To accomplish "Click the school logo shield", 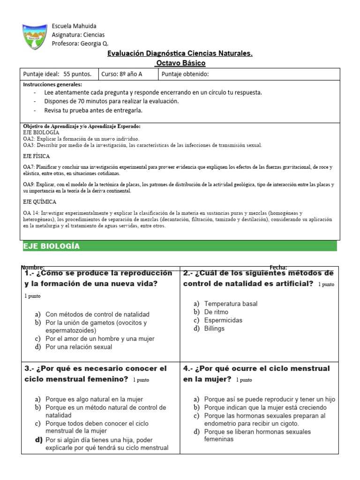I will (35, 37).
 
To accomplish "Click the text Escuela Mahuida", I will (74, 26).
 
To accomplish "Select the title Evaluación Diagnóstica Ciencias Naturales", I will (180, 53).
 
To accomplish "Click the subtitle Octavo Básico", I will (180, 63).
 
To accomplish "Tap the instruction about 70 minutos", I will (112, 101).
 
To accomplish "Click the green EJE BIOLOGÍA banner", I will (180, 246).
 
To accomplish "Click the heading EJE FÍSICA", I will (37, 156).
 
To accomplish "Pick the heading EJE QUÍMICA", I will (40, 202).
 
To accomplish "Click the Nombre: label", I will (34, 267).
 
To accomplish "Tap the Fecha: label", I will (278, 267).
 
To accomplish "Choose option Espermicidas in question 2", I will (223, 320).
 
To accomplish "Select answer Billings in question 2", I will (214, 329).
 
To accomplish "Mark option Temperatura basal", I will (231, 304).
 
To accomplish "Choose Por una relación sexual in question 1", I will (79, 347).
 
